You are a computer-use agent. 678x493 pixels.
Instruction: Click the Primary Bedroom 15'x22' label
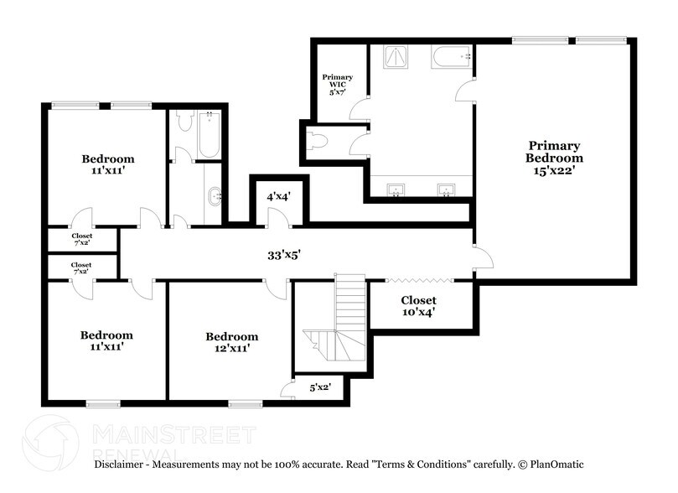[x=554, y=158]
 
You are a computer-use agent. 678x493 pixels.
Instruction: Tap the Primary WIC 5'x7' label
[x=337, y=85]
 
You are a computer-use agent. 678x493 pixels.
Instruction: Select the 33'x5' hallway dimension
[x=283, y=255]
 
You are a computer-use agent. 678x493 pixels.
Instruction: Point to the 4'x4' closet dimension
[x=278, y=197]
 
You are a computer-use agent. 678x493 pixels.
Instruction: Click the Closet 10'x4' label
[x=418, y=306]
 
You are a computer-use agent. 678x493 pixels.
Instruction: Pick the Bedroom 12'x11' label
[x=232, y=342]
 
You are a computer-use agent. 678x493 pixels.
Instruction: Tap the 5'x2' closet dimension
[x=320, y=387]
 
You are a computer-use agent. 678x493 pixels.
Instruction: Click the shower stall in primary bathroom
[x=396, y=57]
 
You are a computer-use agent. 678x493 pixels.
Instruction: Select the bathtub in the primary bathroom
[x=451, y=57]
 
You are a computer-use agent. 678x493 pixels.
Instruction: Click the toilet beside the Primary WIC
[x=318, y=141]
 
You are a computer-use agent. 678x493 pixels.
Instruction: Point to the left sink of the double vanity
[x=396, y=189]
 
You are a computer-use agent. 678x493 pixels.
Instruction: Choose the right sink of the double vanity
[x=446, y=189]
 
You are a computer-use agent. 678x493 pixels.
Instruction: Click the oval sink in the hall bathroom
[x=215, y=197]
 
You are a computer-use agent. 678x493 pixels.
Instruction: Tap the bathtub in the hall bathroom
[x=210, y=134]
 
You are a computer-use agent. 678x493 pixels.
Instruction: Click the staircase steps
[x=342, y=321]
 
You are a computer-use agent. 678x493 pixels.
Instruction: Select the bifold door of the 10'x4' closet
[x=419, y=281]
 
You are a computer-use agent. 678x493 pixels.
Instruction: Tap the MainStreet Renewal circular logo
[x=50, y=443]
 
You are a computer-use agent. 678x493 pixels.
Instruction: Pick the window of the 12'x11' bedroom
[x=246, y=404]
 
